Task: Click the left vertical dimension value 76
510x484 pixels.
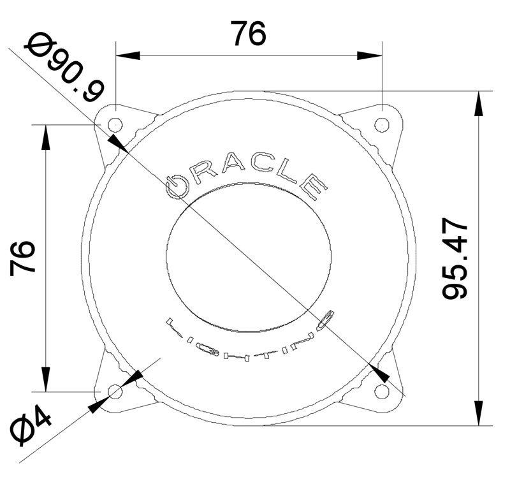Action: pos(24,258)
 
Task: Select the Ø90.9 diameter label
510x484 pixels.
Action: pos(63,67)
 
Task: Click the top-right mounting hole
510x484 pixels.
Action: pos(381,124)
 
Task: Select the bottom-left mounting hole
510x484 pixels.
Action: pos(115,391)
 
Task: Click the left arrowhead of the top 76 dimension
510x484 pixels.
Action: pos(125,56)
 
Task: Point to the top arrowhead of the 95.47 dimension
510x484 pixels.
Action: pos(478,102)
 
